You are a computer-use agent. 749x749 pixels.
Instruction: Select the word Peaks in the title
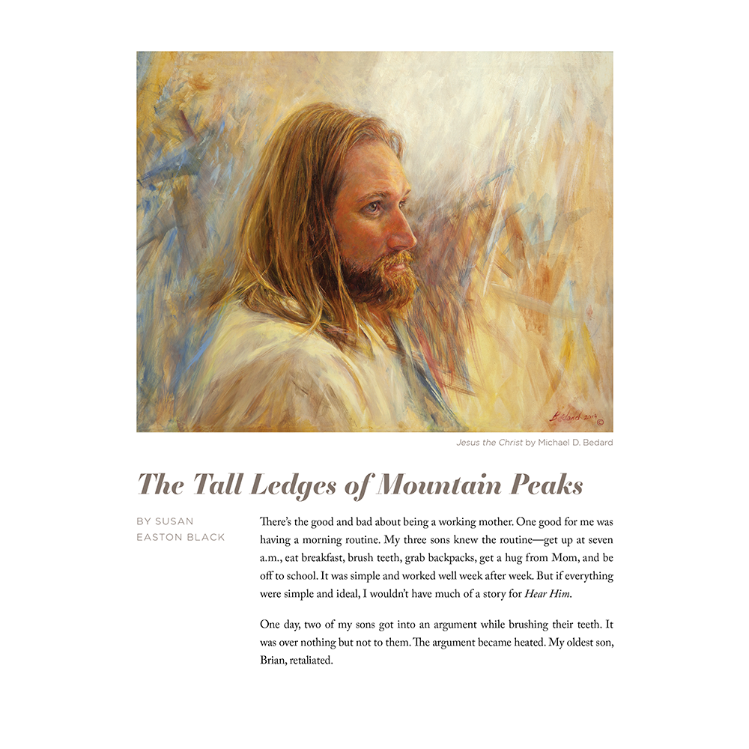point(547,486)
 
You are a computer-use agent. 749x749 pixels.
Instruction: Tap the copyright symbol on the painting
point(598,422)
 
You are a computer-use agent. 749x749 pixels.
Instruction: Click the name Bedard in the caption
point(595,443)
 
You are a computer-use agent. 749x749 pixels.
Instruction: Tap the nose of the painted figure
point(404,238)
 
